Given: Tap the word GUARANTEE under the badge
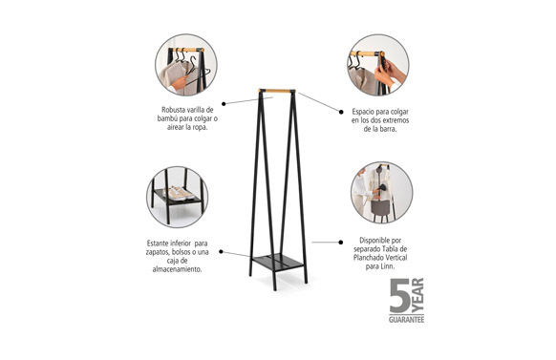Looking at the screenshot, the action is [x=406, y=320].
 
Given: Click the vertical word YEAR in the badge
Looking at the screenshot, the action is [x=417, y=295].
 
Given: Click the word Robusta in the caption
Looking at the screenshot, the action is [x=173, y=110].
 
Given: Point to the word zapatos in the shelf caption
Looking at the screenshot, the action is [x=158, y=252].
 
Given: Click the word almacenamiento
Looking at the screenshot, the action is [x=177, y=269].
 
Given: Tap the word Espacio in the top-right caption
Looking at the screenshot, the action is [x=364, y=112].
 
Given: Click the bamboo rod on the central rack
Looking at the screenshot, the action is [x=277, y=91].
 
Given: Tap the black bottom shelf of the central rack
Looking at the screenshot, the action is [x=278, y=263].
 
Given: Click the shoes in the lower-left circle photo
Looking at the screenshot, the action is [x=180, y=193].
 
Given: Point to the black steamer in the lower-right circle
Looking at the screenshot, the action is [x=382, y=189].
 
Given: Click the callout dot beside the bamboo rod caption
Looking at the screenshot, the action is [x=224, y=104].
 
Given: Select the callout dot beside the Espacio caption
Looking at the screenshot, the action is [x=341, y=112].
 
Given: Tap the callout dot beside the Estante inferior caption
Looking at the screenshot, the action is [x=221, y=251].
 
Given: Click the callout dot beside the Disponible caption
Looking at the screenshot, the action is [x=341, y=243].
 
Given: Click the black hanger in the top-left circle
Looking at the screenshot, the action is [x=195, y=71].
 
